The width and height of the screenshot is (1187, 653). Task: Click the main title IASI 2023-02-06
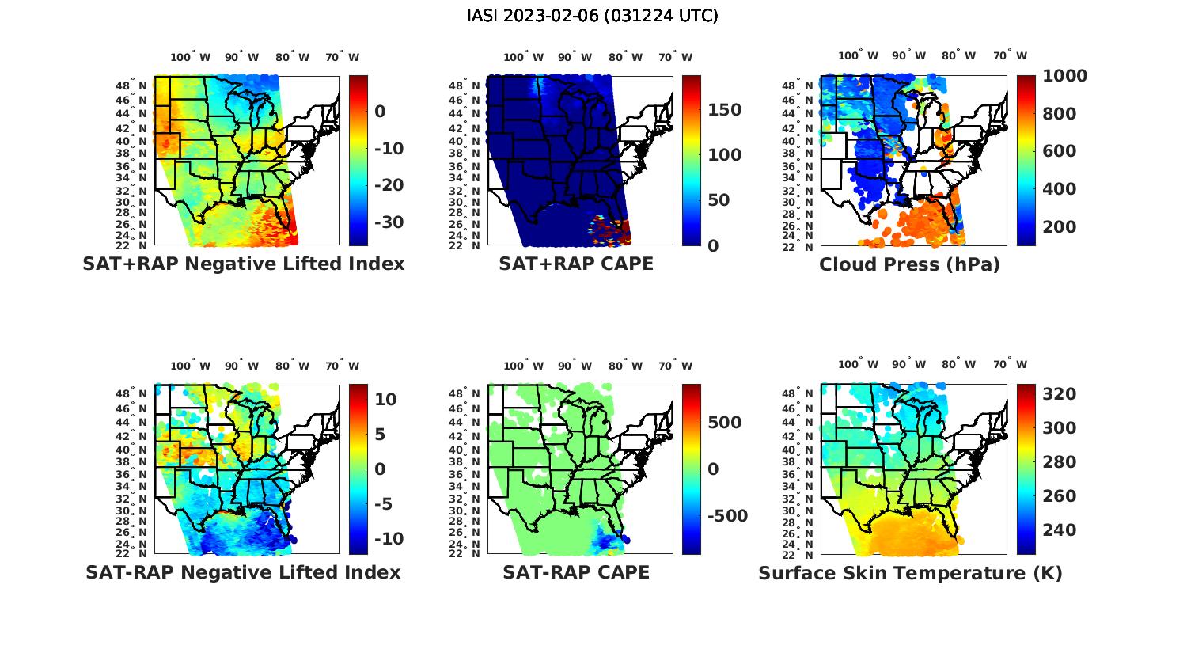593,16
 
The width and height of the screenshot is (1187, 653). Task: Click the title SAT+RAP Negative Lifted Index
243,264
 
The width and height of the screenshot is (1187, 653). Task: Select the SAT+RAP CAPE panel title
576,264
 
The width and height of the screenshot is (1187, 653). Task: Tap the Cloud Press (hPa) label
909,264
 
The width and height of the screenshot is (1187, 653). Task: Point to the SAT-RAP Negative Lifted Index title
243,572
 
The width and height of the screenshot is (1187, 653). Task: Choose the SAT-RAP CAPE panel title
576,572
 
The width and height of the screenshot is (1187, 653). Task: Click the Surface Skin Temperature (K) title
910,573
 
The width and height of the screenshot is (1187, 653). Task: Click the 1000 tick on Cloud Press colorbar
1064,76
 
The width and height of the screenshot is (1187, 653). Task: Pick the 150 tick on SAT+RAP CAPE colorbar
724,110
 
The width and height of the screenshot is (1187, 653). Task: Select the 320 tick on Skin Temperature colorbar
1059,394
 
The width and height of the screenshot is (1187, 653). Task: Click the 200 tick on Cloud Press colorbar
1059,227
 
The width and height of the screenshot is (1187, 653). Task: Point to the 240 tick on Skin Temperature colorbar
1059,530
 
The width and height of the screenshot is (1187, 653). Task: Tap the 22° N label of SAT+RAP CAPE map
468,245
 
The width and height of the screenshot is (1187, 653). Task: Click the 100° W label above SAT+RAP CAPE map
524,57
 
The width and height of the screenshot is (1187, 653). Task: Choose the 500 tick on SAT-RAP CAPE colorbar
724,423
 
